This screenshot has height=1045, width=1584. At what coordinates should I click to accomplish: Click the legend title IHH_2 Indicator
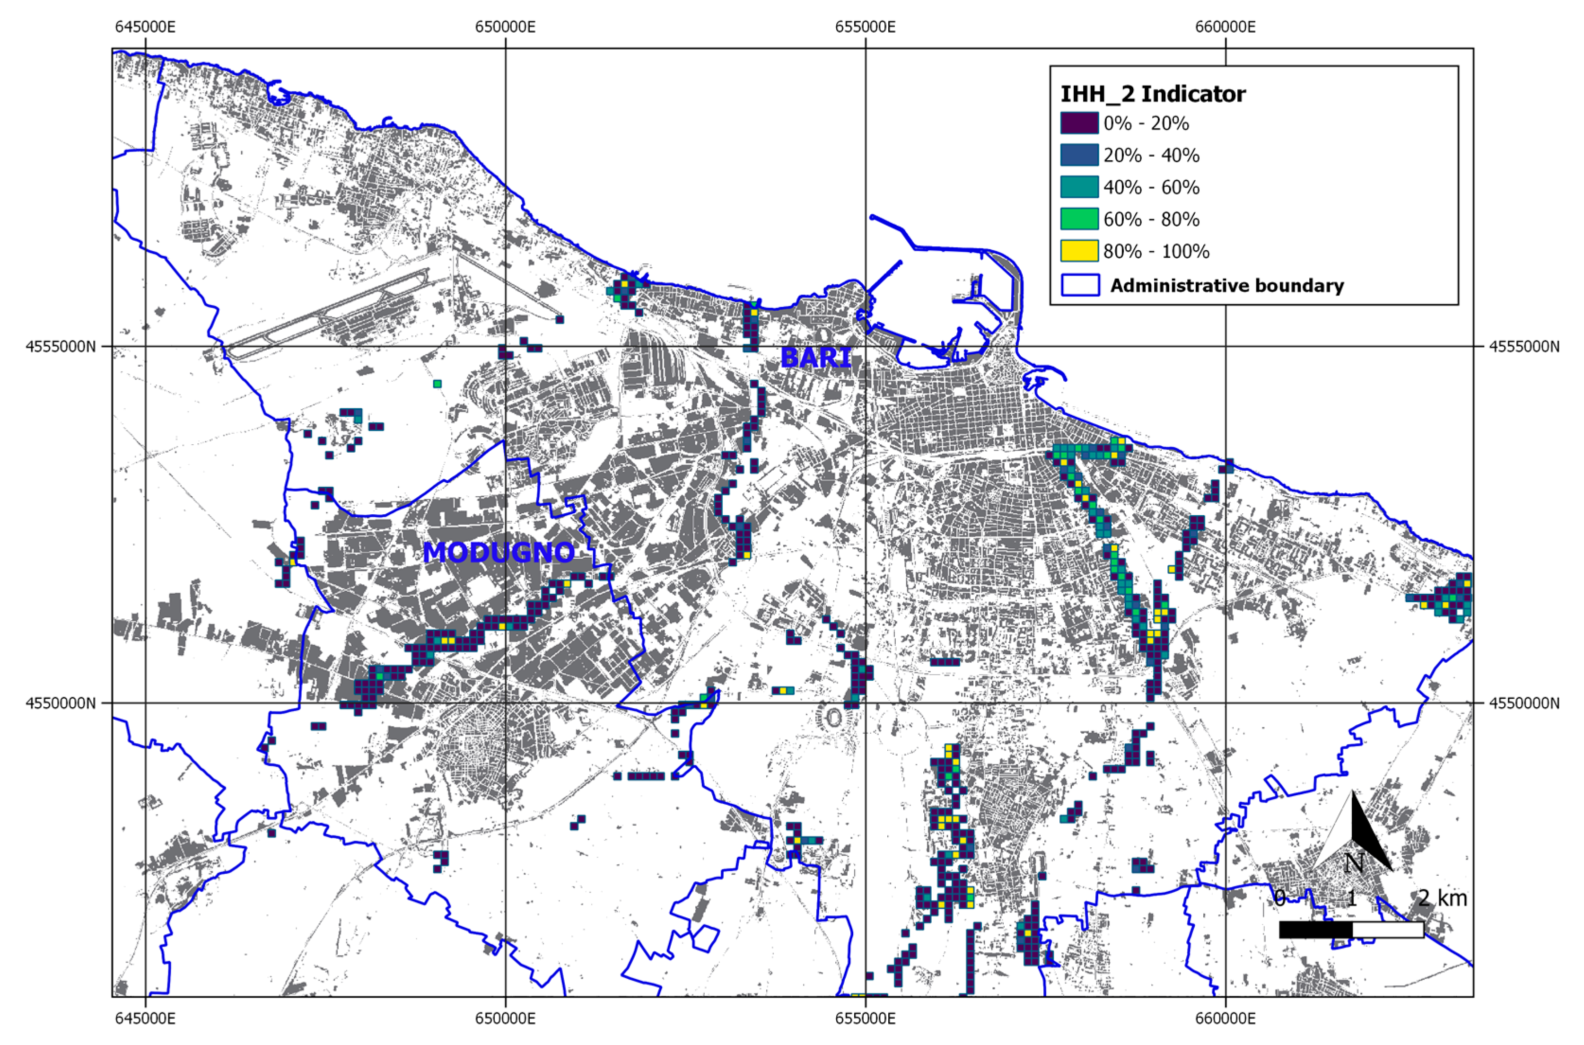click(1152, 94)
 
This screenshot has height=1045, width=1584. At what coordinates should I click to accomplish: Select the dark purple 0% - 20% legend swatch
click(1079, 123)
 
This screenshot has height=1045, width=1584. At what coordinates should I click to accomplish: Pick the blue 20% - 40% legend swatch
click(1079, 155)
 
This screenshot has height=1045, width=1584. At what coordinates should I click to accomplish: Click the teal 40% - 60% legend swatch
click(1079, 187)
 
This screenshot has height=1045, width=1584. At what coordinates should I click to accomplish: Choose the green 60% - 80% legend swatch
click(1079, 219)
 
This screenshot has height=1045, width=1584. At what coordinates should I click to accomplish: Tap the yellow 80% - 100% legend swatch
click(1079, 251)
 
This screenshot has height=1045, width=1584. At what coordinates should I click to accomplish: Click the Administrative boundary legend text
click(1226, 286)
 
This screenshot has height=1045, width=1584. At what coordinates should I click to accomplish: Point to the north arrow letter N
click(1354, 864)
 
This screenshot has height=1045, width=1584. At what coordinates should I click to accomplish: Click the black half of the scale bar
click(1315, 930)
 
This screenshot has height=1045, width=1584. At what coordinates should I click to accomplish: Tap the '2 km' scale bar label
click(1442, 898)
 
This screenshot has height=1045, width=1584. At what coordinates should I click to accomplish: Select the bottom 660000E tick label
click(1225, 1019)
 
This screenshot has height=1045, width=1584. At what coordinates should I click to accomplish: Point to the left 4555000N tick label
click(60, 347)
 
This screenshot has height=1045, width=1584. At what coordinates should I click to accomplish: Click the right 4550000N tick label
click(1523, 703)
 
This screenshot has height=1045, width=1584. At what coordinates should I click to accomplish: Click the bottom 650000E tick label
click(505, 1019)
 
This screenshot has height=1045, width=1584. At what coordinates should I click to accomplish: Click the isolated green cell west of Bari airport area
click(437, 384)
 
